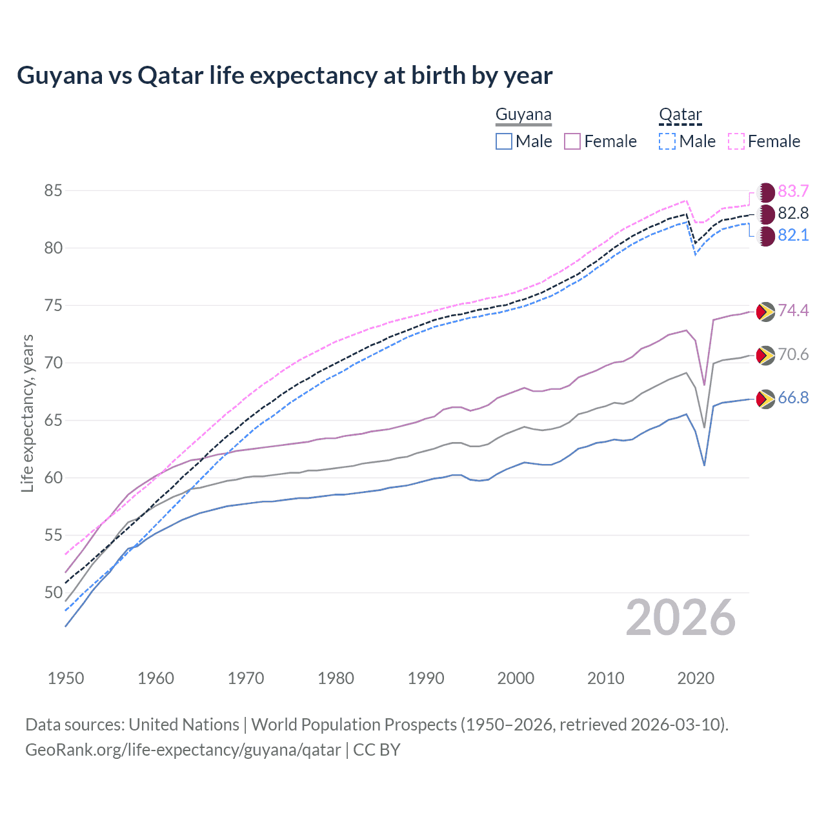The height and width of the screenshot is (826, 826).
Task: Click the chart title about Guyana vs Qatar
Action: [x=285, y=76]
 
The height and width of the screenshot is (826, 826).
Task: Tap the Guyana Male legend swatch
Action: [x=504, y=141]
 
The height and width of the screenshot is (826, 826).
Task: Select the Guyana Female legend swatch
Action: [x=572, y=141]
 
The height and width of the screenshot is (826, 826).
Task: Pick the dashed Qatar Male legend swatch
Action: [x=667, y=141]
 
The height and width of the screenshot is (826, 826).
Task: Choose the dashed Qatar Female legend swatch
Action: [x=736, y=141]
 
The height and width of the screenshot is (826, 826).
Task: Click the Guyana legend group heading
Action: [x=523, y=115]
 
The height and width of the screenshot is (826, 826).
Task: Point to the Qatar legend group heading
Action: [x=680, y=115]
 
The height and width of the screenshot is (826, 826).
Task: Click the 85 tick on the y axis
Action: [x=53, y=191]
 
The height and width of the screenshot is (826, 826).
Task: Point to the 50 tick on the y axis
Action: [x=53, y=592]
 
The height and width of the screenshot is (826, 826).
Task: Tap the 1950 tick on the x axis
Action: [x=66, y=678]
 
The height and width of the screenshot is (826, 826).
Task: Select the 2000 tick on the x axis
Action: [x=516, y=678]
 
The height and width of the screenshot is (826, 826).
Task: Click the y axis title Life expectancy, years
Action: [x=27, y=413]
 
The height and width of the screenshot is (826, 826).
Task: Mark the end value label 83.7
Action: [x=793, y=192]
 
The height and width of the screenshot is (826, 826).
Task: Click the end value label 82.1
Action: [x=793, y=235]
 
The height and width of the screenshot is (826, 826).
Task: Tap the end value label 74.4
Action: [x=793, y=311]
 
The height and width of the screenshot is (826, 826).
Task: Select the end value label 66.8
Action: [x=793, y=398]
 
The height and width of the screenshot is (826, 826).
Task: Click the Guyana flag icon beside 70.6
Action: [x=765, y=355]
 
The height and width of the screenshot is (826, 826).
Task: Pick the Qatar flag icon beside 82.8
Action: [x=766, y=214]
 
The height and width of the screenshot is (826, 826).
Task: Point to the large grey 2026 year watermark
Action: [x=681, y=618]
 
